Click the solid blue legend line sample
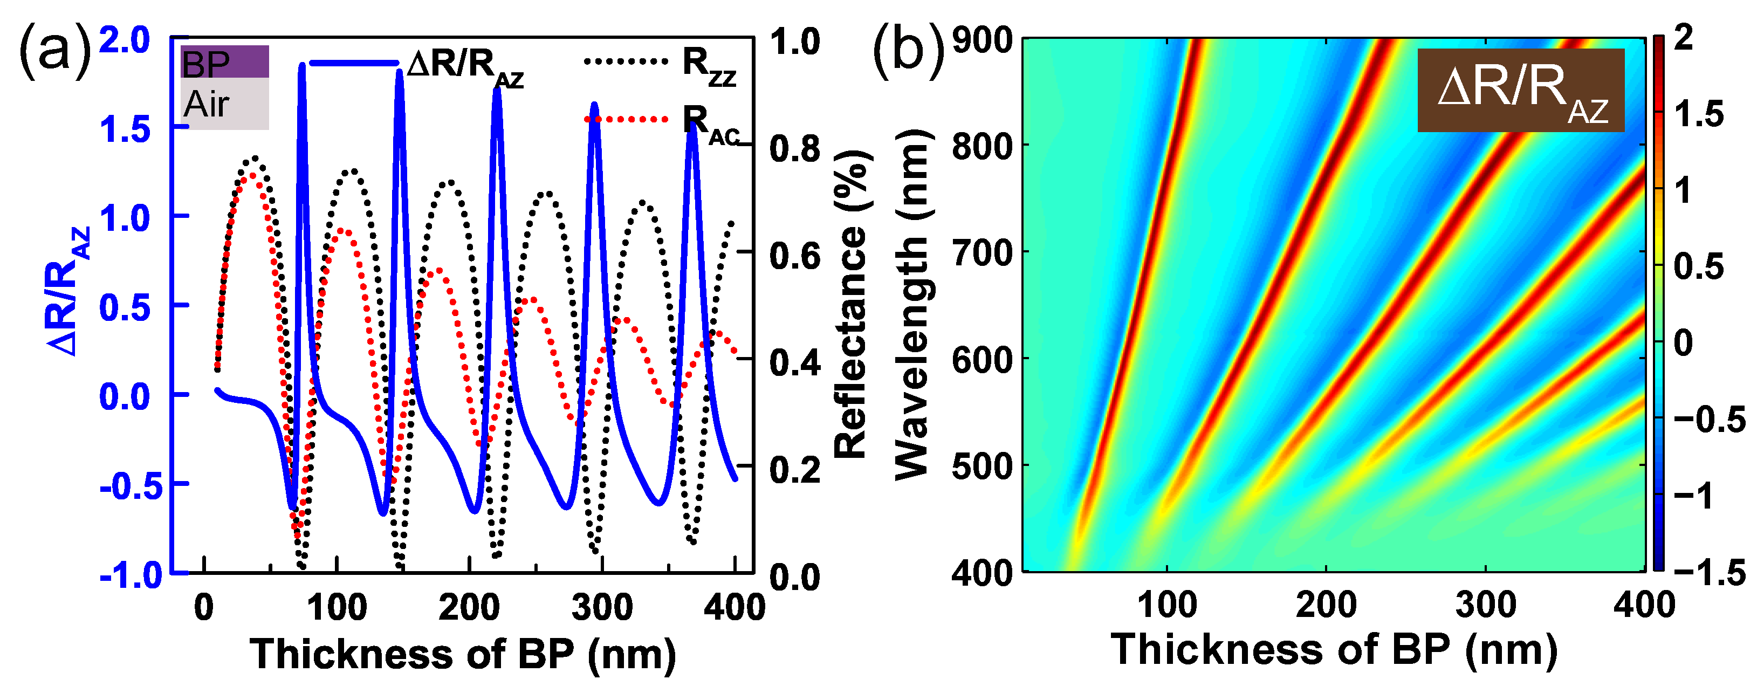coord(353,63)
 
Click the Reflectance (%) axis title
coord(850,304)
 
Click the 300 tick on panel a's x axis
coord(602,607)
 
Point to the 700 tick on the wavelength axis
coord(982,253)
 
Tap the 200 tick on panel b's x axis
coord(1326,604)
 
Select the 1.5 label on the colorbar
coord(1698,114)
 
